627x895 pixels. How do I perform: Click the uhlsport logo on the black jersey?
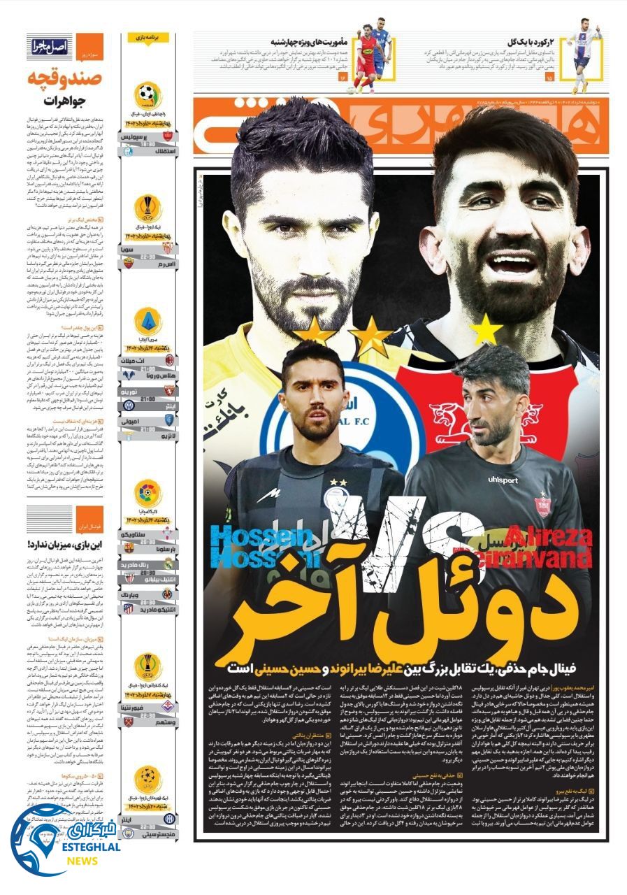pyautogui.click(x=503, y=480)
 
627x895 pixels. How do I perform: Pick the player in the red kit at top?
pyautogui.click(x=366, y=59)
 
